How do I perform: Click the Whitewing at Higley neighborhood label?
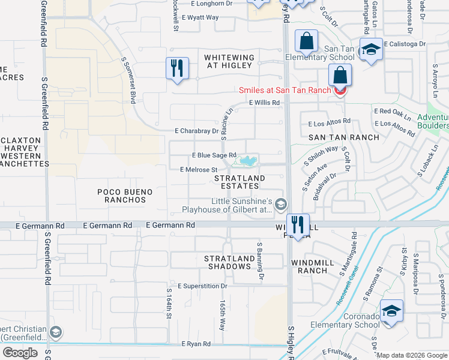(x=229, y=62)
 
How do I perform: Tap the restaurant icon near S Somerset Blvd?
(x=177, y=67)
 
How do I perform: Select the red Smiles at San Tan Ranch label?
(x=285, y=91)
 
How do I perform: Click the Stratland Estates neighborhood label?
(x=240, y=182)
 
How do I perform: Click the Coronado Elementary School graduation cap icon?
(x=391, y=311)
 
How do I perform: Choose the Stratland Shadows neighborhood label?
(x=227, y=262)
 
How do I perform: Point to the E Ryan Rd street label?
(x=196, y=344)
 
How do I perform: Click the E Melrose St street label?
(x=198, y=170)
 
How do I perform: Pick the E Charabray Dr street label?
(x=197, y=131)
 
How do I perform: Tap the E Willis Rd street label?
(x=265, y=103)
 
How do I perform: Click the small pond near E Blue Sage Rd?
(x=248, y=160)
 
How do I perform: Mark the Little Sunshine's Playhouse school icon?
(x=280, y=206)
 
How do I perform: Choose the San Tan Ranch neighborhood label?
(x=344, y=137)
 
